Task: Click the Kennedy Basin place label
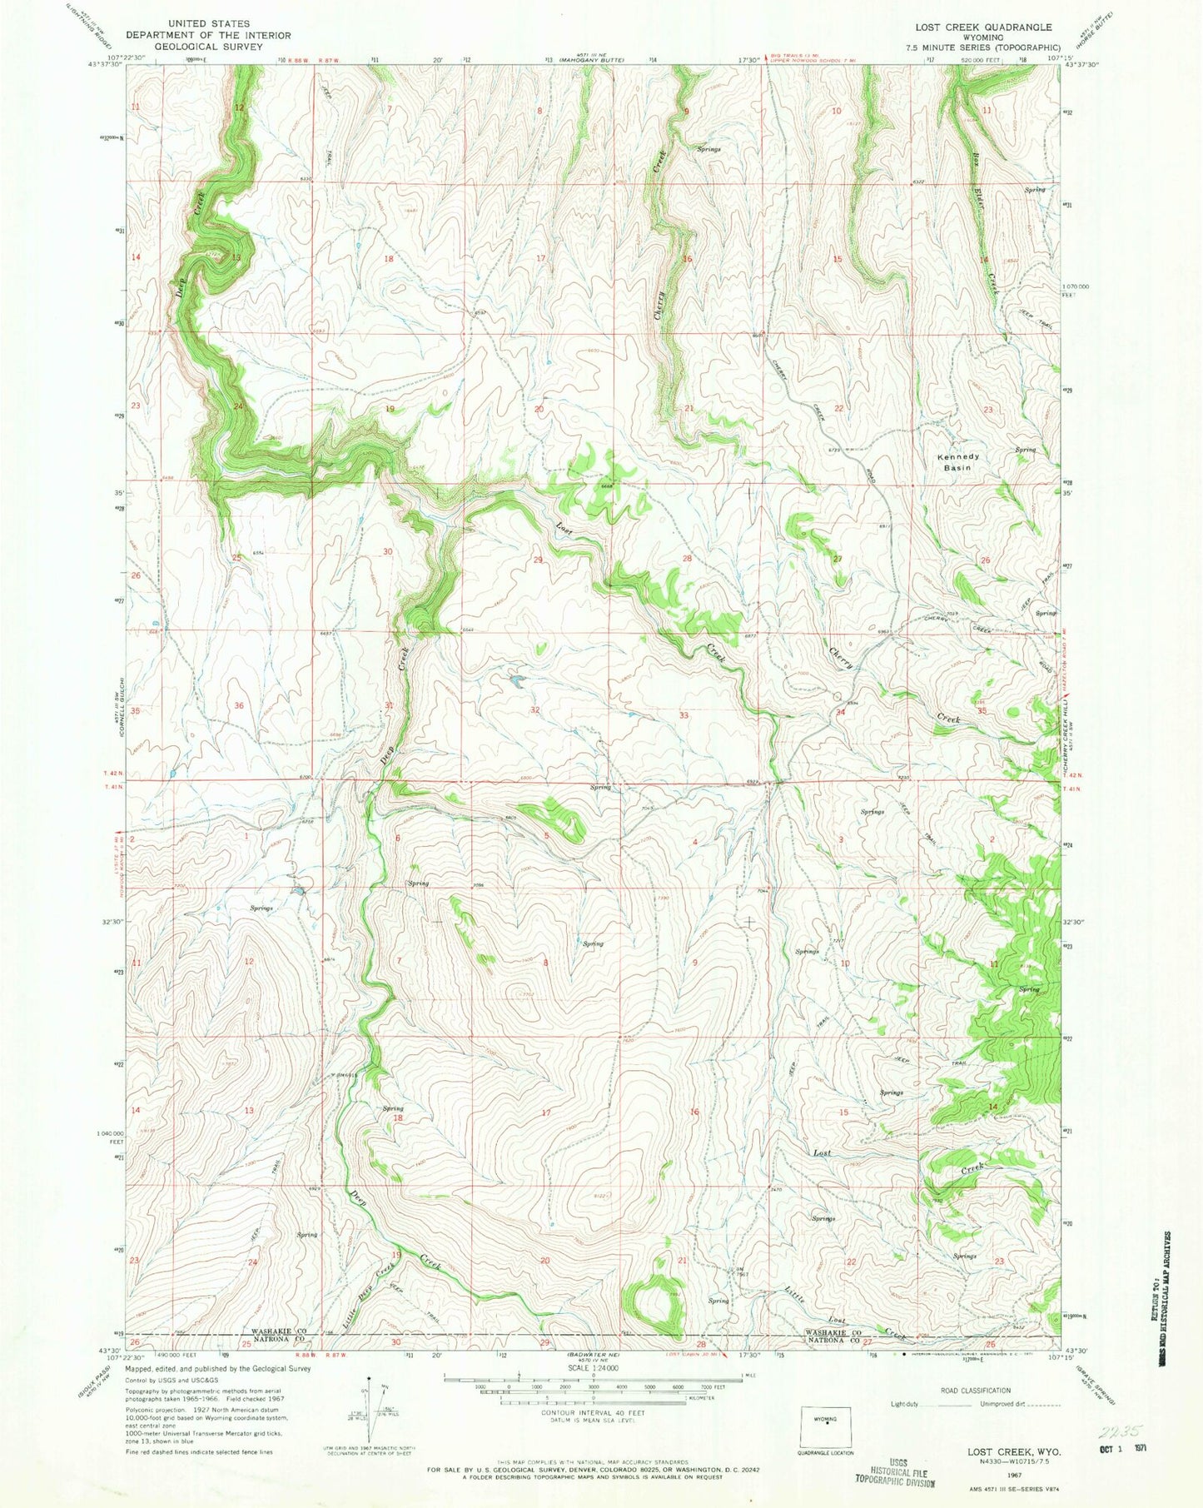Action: [958, 462]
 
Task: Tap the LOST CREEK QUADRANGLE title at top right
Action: [982, 27]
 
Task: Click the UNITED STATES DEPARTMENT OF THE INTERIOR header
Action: [208, 36]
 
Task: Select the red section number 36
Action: [240, 705]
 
